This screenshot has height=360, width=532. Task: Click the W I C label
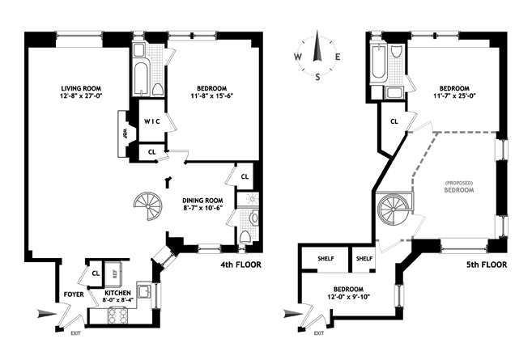pos(154,121)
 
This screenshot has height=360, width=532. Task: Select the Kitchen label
pos(113,296)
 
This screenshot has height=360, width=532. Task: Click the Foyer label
pos(74,294)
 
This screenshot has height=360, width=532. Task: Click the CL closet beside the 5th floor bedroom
pos(394,121)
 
